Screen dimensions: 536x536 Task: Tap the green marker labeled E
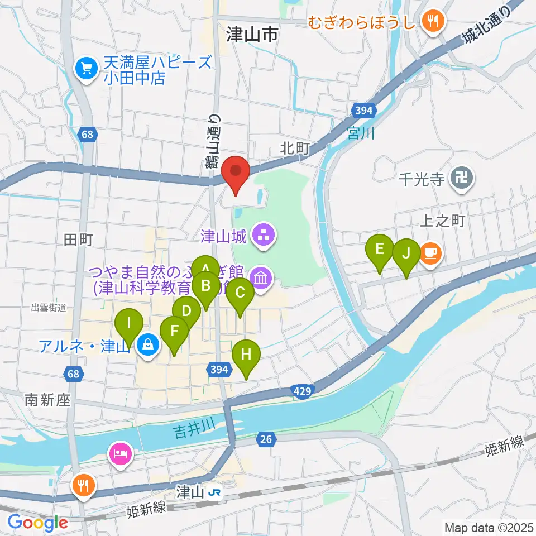coord(380,250)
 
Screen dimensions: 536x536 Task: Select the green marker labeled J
coord(406,255)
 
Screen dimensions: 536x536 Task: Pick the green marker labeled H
coord(246,356)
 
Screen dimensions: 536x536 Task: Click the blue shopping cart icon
coord(87,69)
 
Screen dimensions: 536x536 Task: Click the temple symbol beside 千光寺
coord(463,179)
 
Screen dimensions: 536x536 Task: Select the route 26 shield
coord(266,440)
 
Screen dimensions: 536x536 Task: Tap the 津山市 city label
coord(252,35)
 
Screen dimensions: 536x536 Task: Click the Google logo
coord(37,523)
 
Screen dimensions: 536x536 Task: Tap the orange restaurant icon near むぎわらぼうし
coord(432,22)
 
